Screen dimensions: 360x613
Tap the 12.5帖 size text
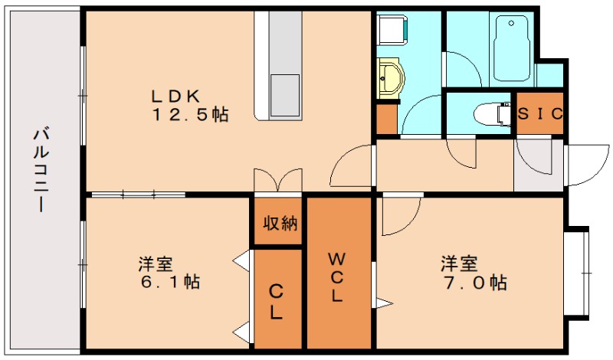[192, 115]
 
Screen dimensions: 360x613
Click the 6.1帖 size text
[171, 282]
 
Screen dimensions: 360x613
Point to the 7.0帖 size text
[473, 282]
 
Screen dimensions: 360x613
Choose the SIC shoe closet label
[540, 114]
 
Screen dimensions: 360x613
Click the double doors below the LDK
[277, 179]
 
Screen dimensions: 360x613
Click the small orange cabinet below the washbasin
[386, 118]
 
